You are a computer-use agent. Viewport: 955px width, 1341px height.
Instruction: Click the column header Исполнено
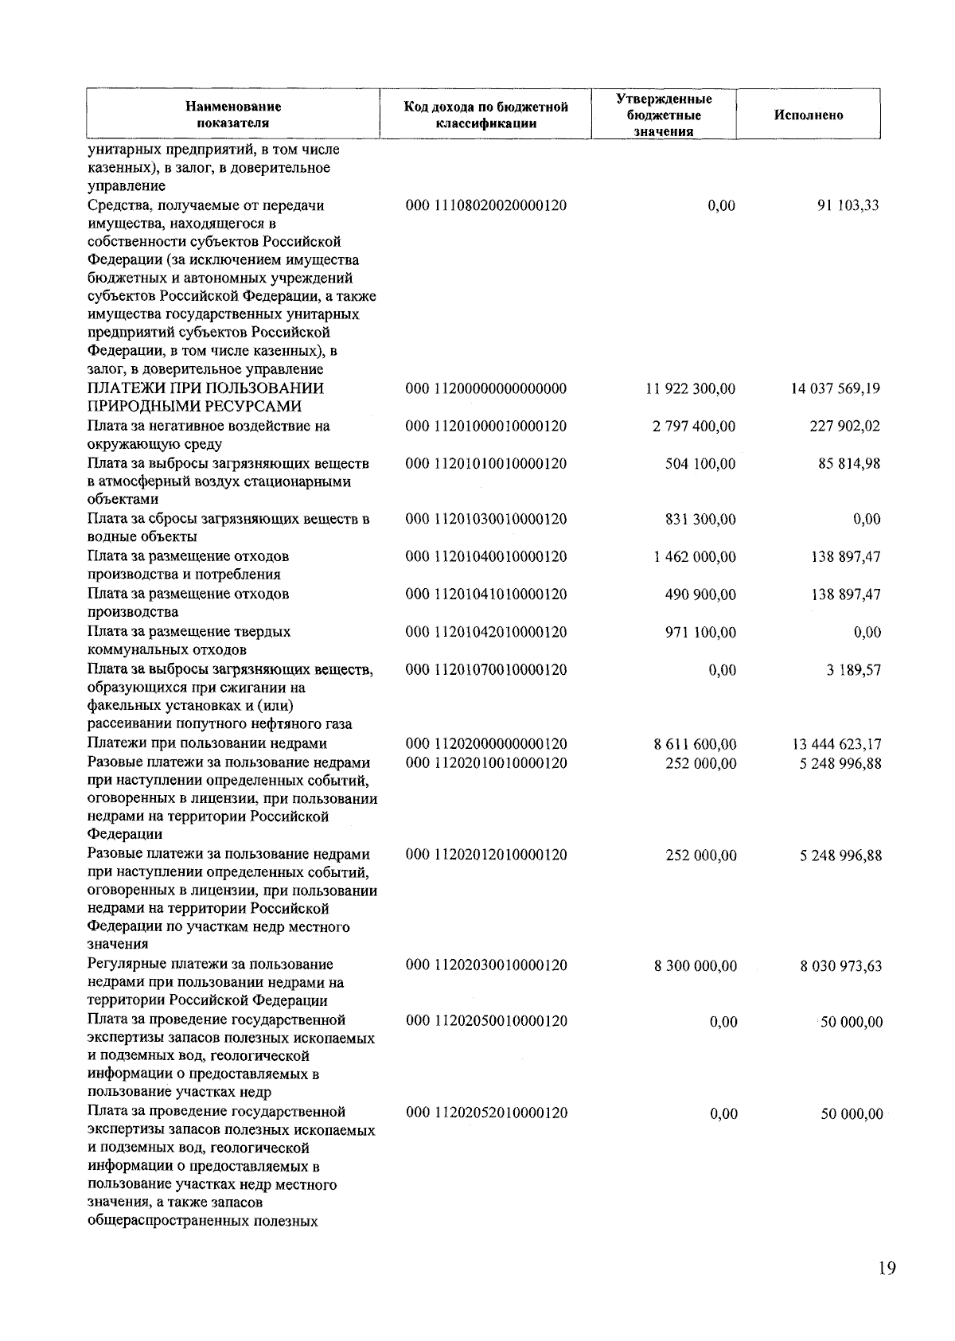[x=808, y=115]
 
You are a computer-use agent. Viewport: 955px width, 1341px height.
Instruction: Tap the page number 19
[x=887, y=1269]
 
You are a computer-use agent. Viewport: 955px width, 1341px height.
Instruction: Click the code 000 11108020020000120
[x=486, y=205]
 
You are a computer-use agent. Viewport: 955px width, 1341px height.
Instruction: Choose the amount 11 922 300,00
[x=690, y=389]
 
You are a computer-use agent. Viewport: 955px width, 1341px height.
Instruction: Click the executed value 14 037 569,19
[x=835, y=389]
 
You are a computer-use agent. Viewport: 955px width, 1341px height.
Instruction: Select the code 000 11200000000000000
[x=486, y=389]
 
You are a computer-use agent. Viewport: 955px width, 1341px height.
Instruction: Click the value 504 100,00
[x=700, y=464]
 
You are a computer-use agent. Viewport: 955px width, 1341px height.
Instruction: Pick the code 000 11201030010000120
[x=486, y=520]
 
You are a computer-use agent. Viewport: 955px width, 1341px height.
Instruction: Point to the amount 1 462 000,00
[x=694, y=557]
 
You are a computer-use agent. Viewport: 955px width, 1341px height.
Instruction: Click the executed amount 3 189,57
[x=854, y=670]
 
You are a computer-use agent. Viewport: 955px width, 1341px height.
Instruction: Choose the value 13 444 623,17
[x=836, y=745]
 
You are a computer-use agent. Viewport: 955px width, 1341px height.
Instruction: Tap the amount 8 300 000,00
[x=695, y=966]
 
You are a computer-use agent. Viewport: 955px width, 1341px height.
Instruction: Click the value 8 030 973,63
[x=840, y=966]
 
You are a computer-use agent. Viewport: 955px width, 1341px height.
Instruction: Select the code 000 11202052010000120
[x=487, y=1113]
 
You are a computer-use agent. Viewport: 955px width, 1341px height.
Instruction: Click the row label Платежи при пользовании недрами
[x=207, y=744]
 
